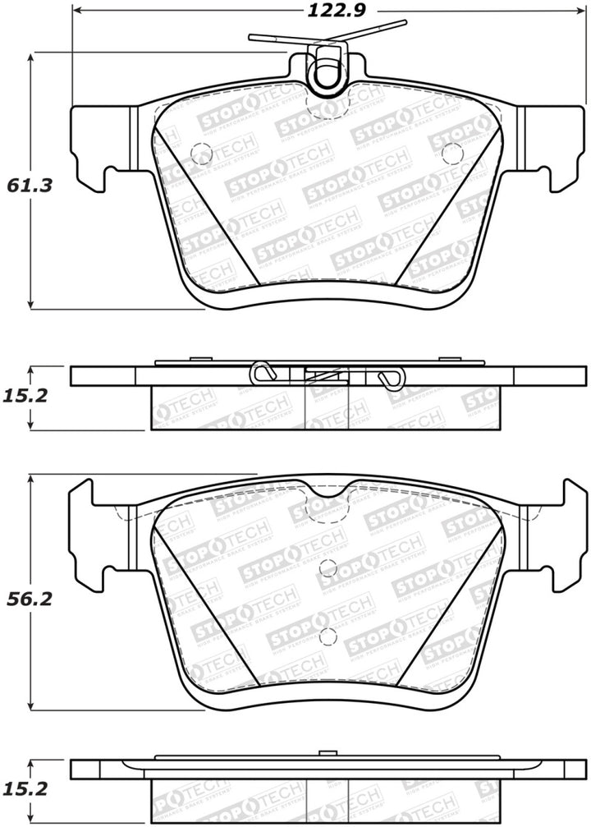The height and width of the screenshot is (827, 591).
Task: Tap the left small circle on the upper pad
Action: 201,154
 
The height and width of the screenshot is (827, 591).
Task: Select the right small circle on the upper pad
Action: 452,154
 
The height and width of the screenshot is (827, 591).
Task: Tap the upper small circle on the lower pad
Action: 328,567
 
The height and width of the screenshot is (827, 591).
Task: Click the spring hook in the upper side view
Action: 392,377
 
